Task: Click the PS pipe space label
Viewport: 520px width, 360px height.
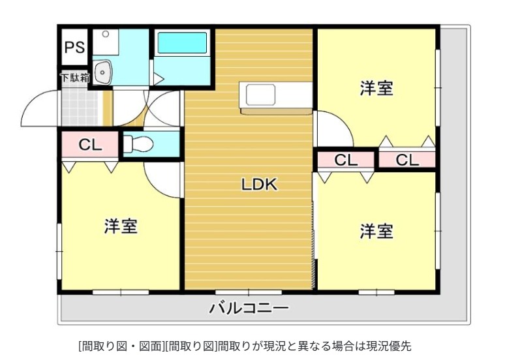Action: pyautogui.click(x=74, y=48)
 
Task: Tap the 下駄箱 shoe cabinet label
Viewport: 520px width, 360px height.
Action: pyautogui.click(x=75, y=78)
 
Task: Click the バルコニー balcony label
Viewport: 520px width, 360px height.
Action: pyautogui.click(x=248, y=308)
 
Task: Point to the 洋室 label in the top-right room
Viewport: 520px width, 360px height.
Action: pyautogui.click(x=376, y=89)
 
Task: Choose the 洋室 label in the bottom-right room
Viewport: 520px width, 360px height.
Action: pyautogui.click(x=376, y=230)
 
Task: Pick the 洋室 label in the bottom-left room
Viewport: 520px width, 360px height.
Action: pyautogui.click(x=121, y=226)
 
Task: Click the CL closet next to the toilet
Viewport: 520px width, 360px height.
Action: pyautogui.click(x=90, y=145)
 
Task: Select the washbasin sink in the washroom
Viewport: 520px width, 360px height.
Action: pyautogui.click(x=102, y=72)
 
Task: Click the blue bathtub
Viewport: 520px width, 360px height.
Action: pyautogui.click(x=182, y=43)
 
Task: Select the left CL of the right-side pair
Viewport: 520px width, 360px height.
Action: pyautogui.click(x=346, y=160)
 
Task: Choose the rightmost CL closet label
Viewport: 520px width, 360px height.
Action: pyautogui.click(x=407, y=160)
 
